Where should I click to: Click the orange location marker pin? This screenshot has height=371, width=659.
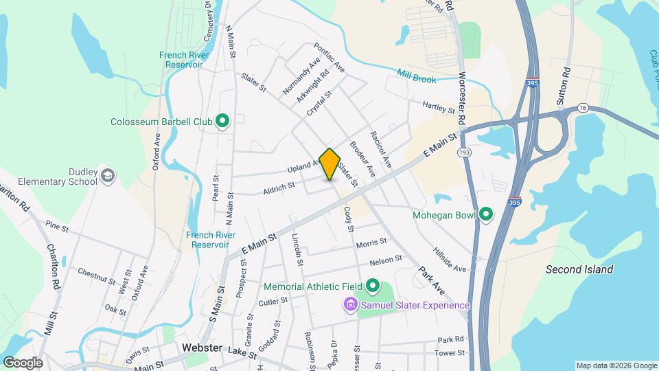330,164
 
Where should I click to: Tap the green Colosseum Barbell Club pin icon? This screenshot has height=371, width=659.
222,122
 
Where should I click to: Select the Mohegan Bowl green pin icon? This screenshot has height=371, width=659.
487,215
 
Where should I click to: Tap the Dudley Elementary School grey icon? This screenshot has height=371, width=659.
107,177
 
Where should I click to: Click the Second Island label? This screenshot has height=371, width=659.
579,269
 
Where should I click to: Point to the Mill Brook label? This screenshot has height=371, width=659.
417,76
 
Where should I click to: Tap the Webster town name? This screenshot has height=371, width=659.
202,348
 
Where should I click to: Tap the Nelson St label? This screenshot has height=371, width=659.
385,260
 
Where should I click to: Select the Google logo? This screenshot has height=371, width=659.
23,363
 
